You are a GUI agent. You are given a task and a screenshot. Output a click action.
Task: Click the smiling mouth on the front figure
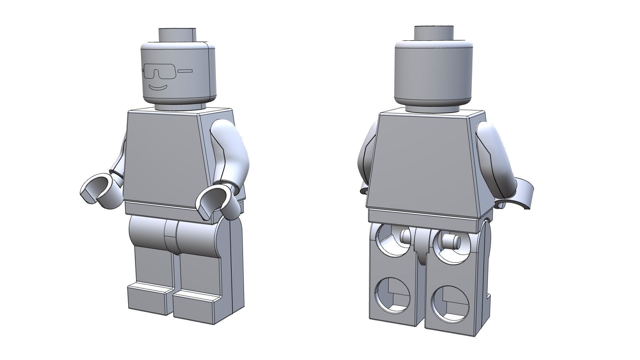(x=158, y=88)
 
